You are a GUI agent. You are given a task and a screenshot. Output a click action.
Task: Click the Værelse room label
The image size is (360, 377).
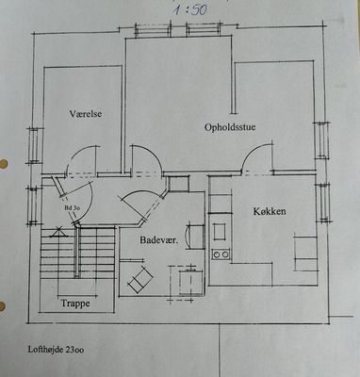(x=86, y=113)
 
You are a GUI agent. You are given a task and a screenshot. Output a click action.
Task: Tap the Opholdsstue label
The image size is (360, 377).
(x=230, y=127)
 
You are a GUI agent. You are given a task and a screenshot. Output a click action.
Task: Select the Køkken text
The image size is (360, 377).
(x=270, y=211)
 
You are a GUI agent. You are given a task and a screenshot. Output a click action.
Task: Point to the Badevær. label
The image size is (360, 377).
(x=159, y=240)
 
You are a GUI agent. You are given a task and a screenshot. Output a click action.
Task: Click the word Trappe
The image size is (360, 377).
(x=75, y=303)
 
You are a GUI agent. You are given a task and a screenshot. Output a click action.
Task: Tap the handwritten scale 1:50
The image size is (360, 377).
(x=190, y=9)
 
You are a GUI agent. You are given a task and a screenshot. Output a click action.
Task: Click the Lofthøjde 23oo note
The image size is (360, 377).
(x=56, y=350)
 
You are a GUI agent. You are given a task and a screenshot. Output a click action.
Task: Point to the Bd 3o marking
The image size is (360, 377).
(x=72, y=207)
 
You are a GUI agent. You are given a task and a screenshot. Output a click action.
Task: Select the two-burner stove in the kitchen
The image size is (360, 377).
(x=221, y=254)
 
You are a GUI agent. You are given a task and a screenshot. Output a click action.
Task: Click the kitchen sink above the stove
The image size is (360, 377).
(x=220, y=232)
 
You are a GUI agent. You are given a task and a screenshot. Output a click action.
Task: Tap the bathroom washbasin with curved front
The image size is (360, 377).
(x=195, y=237)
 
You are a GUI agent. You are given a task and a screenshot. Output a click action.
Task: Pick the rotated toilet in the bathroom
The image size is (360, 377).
(x=140, y=279)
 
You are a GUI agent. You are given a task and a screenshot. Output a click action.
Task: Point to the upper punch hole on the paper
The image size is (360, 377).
(x=3, y=164)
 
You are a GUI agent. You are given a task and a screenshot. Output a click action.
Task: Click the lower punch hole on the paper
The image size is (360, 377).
(x=2, y=306)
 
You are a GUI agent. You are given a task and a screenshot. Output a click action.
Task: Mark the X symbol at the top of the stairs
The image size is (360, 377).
(x=57, y=231)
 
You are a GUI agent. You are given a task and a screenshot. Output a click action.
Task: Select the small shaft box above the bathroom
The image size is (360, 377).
(x=178, y=184)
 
